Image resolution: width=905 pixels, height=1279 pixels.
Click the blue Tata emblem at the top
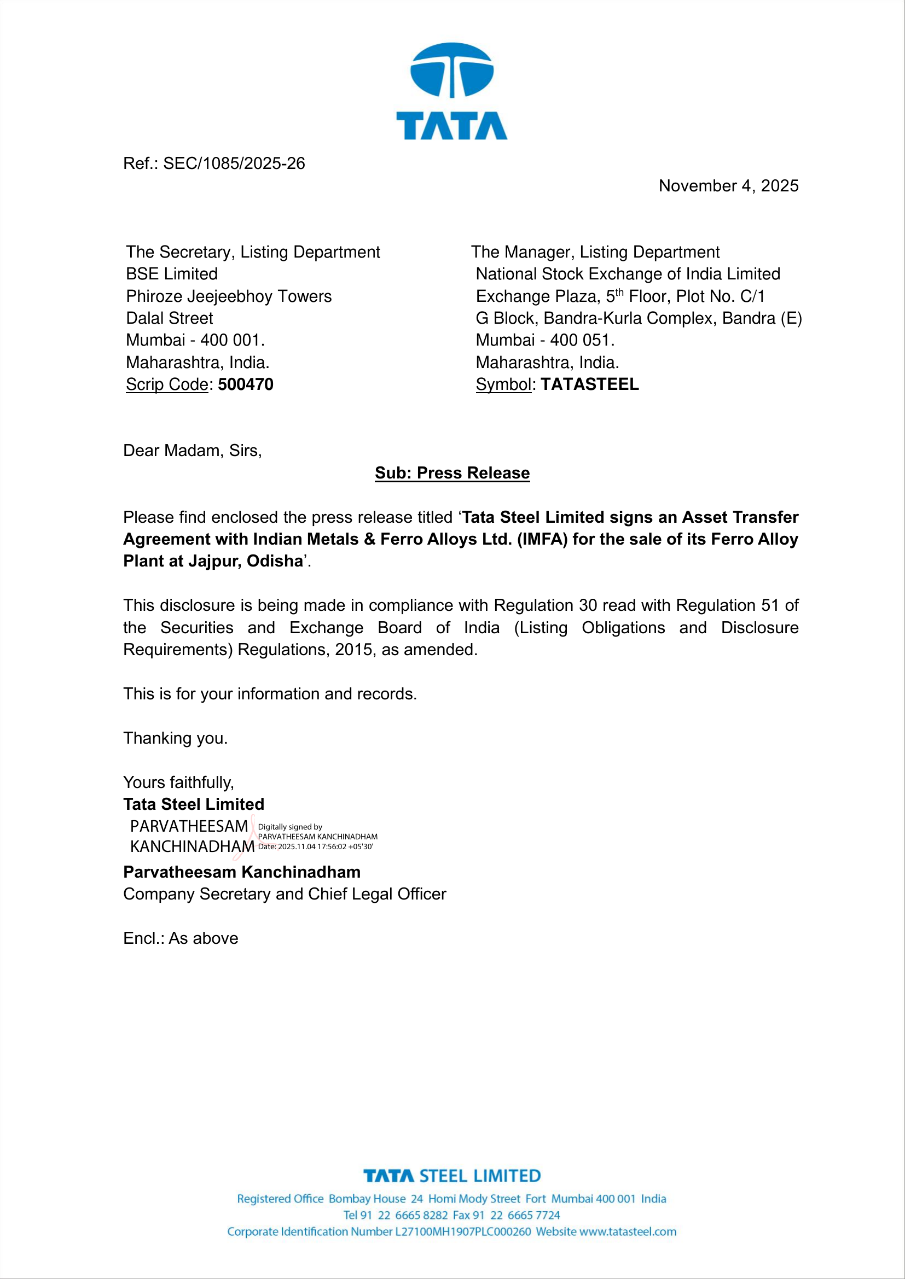coord(451,71)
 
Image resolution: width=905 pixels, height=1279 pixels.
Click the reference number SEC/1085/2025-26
coord(234,164)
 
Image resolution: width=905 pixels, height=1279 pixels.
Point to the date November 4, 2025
coord(728,186)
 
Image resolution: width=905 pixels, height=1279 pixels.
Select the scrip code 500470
coord(245,385)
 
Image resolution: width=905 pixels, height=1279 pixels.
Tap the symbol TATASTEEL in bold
coord(590,385)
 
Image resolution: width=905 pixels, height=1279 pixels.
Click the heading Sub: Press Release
coord(452,473)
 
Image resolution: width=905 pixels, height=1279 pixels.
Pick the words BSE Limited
coord(172,274)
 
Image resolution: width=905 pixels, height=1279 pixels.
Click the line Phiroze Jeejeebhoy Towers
coord(229,296)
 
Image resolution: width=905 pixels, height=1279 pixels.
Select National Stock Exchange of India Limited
coord(628,274)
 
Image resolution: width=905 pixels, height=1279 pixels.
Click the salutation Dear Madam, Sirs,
coord(192,451)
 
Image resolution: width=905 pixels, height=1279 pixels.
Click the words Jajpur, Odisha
coord(245,561)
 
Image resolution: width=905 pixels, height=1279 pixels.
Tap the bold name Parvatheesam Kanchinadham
coord(241,872)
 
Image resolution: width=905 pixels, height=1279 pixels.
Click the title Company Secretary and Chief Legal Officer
coord(284,894)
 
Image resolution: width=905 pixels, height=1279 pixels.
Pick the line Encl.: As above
coord(181,939)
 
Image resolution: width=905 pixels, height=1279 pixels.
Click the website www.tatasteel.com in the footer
coord(628,1231)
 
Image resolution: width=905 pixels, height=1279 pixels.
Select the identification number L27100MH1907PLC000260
coord(462,1231)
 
